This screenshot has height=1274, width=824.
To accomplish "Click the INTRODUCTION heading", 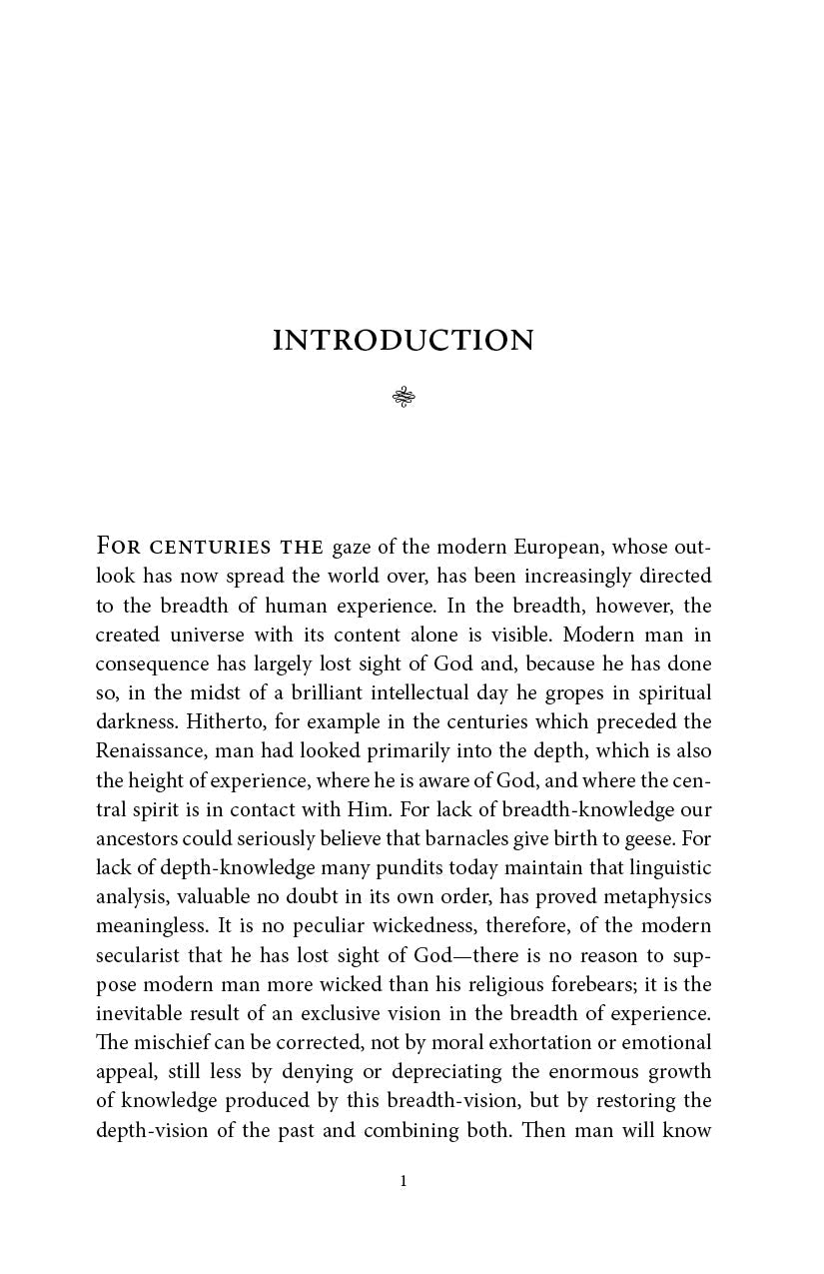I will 404,341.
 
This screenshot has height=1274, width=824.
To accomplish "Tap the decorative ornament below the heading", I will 404,398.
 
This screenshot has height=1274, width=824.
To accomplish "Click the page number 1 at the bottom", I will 404,1181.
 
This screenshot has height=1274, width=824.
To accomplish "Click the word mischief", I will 170,1042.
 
